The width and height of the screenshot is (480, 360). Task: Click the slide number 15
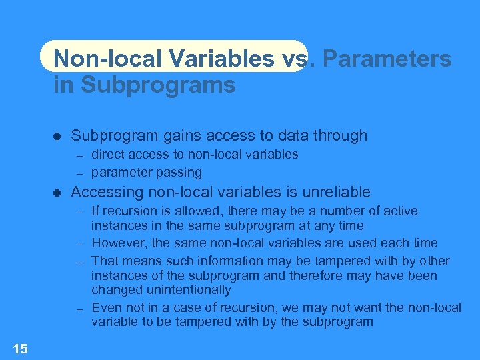tap(20, 347)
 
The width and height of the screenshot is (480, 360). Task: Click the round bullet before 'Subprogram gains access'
tap(57, 136)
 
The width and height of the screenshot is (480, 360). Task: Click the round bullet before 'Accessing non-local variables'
tap(57, 193)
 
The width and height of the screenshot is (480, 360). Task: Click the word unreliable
tap(337, 193)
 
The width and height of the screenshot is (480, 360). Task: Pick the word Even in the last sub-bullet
tap(105, 307)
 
